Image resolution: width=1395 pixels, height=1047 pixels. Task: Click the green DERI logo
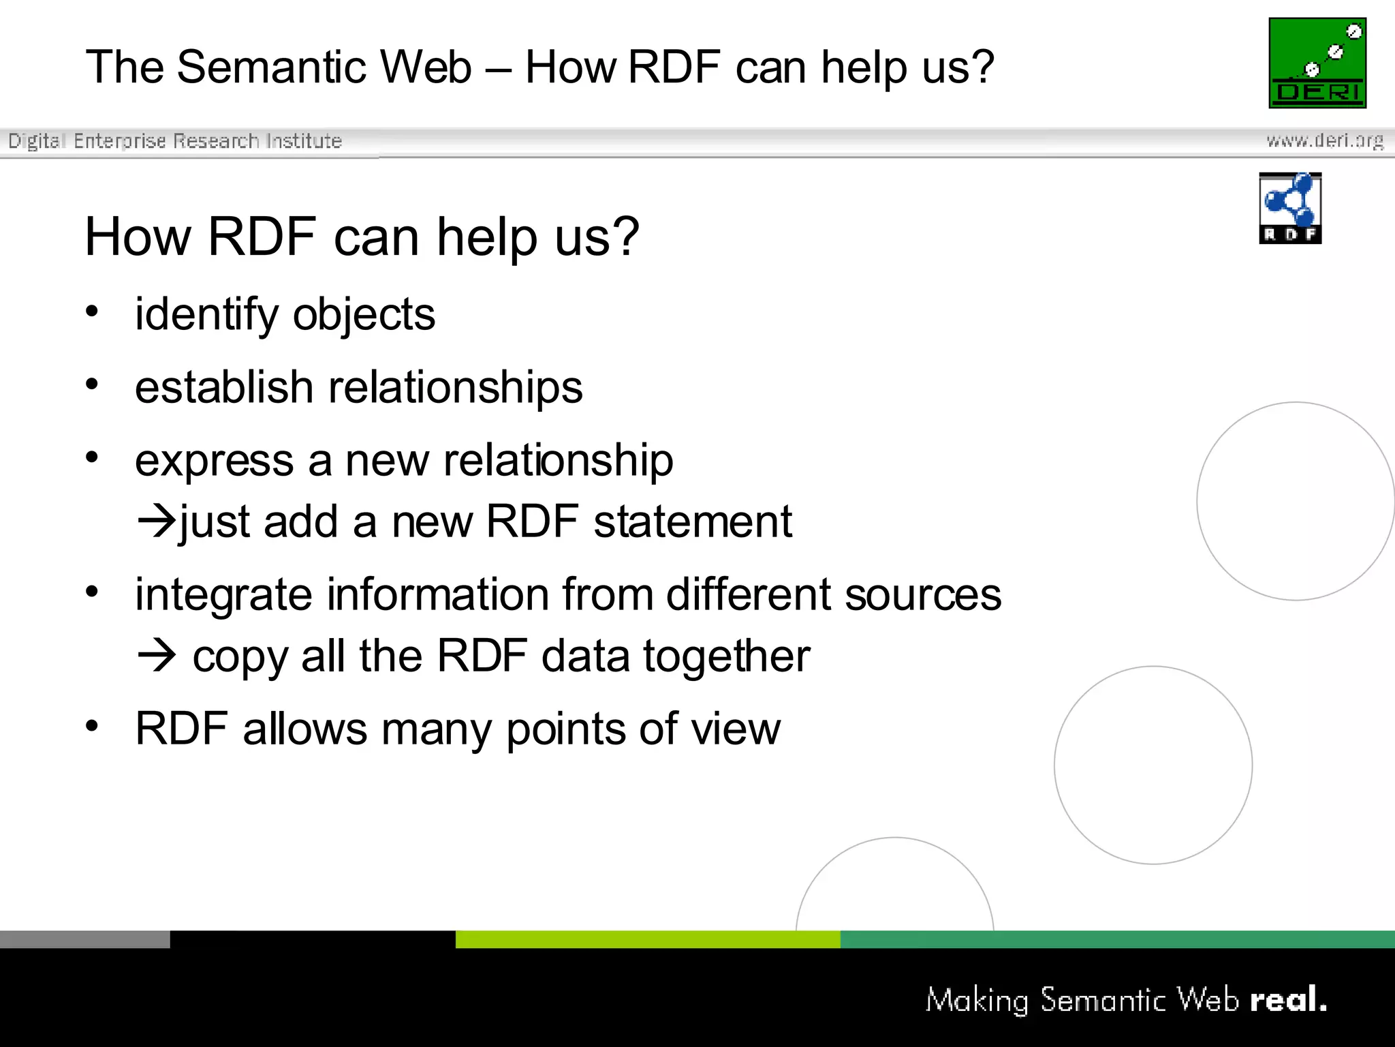coord(1317,63)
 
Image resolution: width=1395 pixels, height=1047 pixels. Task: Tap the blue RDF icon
coord(1290,208)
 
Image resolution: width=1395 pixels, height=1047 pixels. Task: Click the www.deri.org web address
coord(1324,141)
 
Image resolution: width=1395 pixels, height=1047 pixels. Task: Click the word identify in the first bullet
coord(207,315)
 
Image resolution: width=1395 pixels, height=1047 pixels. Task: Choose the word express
coord(215,461)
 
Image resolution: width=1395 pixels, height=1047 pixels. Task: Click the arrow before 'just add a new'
coord(156,522)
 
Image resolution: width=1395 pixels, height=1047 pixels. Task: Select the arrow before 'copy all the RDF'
coord(156,656)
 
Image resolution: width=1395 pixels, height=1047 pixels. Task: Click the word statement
coord(693,522)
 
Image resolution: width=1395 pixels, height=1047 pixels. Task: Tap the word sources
coord(923,594)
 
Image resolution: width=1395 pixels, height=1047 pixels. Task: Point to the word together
coord(727,656)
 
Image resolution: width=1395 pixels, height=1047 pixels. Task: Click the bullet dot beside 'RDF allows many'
coord(92,725)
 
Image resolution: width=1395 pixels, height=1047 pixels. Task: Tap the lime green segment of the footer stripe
coord(647,939)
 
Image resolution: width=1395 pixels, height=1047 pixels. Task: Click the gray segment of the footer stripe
coord(84,939)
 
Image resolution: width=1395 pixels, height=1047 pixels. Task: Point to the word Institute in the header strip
coord(304,141)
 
